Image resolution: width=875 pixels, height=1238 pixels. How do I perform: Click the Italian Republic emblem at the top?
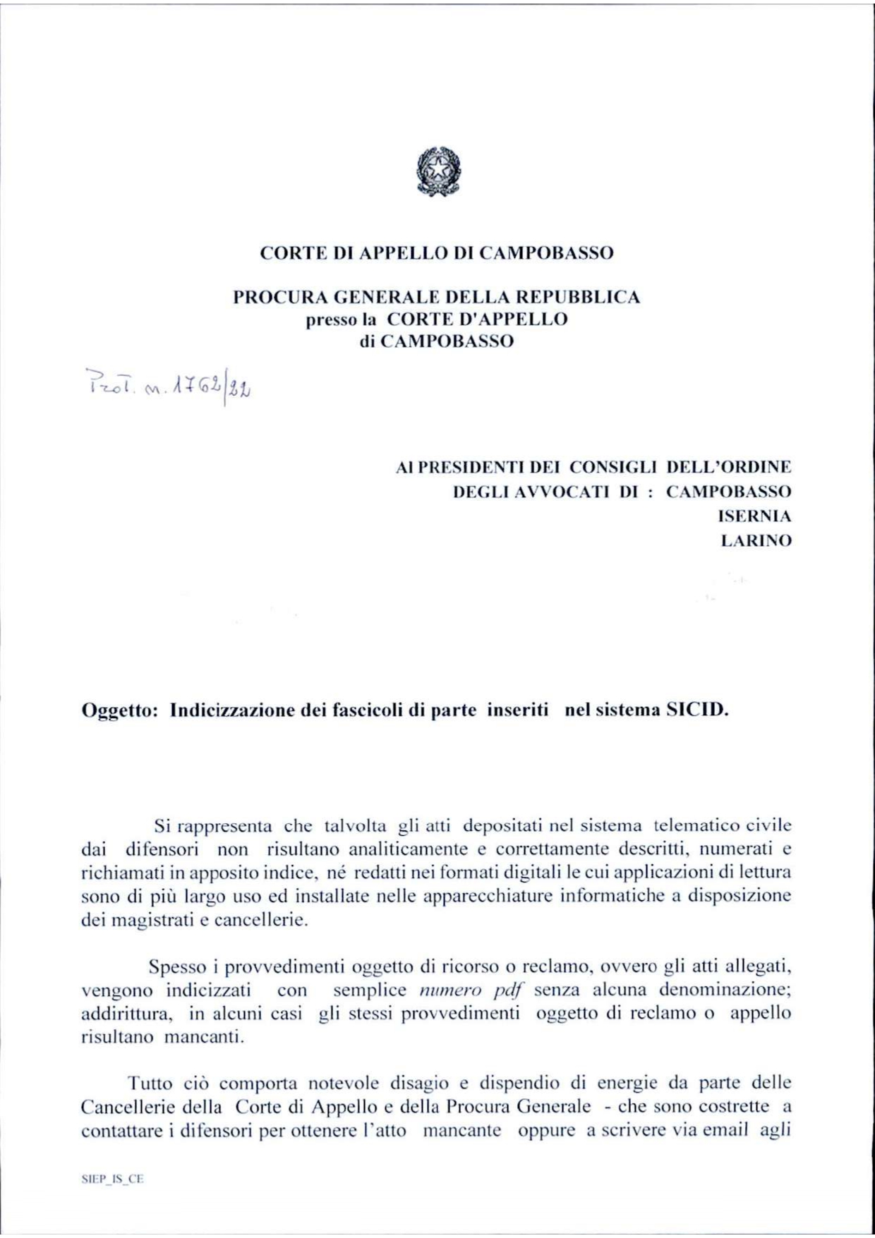(x=437, y=171)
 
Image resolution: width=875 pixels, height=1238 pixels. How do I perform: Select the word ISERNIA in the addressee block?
(x=754, y=516)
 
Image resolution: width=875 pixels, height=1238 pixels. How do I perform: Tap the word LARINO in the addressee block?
(x=756, y=540)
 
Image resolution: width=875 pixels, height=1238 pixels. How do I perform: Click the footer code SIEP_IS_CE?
(x=113, y=1179)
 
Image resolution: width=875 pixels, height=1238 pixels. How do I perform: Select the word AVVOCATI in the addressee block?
(x=562, y=492)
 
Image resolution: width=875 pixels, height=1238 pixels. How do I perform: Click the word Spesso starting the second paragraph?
(x=179, y=966)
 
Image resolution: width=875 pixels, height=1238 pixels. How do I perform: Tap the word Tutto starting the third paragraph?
(x=149, y=1083)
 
